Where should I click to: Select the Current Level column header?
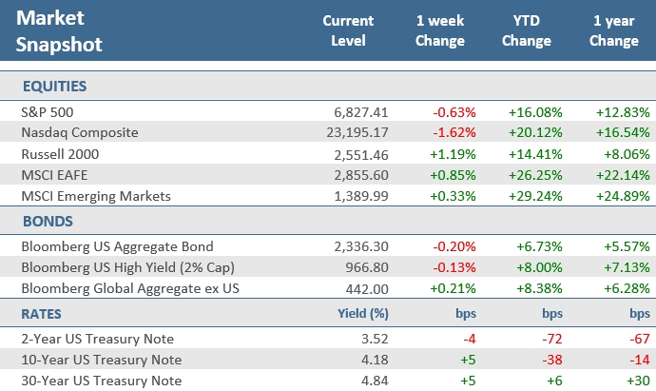(349, 30)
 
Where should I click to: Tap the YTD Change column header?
(526, 30)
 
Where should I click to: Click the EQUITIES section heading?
(48, 87)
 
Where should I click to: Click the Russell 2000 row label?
(53, 154)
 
